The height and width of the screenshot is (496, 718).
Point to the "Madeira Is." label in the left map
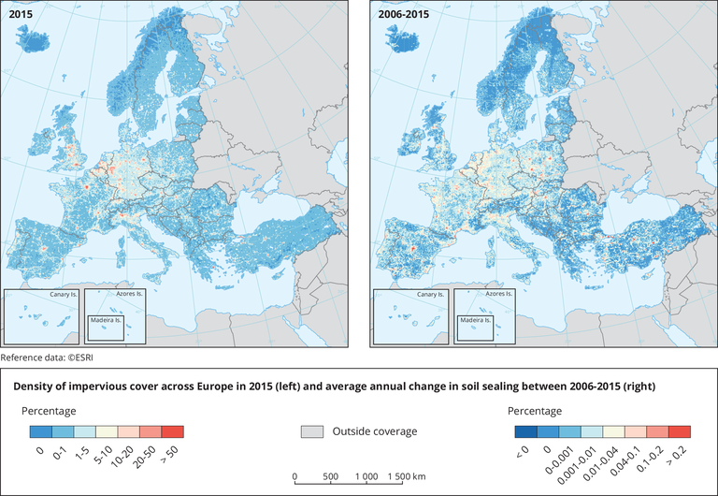click(x=107, y=320)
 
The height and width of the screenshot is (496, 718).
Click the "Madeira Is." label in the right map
click(x=475, y=320)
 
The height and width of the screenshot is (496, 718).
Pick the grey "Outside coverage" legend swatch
click(x=312, y=431)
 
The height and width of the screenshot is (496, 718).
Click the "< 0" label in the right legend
click(x=520, y=457)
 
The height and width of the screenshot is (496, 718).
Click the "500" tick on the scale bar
click(x=329, y=475)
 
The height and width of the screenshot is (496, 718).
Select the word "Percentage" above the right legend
click(x=534, y=411)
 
